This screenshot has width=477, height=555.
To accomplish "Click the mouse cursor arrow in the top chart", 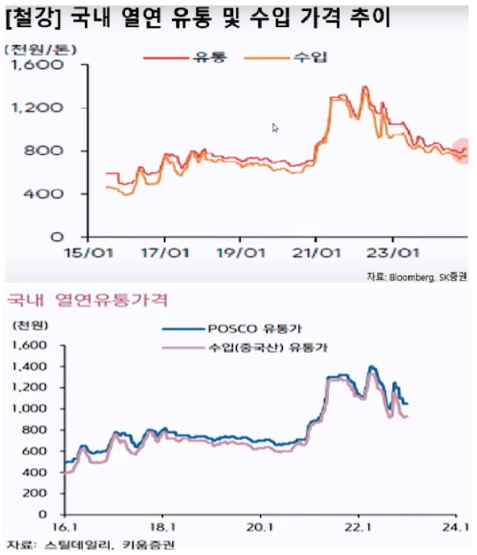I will coord(275,127).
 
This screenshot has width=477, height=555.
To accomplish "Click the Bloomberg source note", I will coord(417,276).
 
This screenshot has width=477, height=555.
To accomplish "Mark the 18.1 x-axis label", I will coord(162,527).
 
